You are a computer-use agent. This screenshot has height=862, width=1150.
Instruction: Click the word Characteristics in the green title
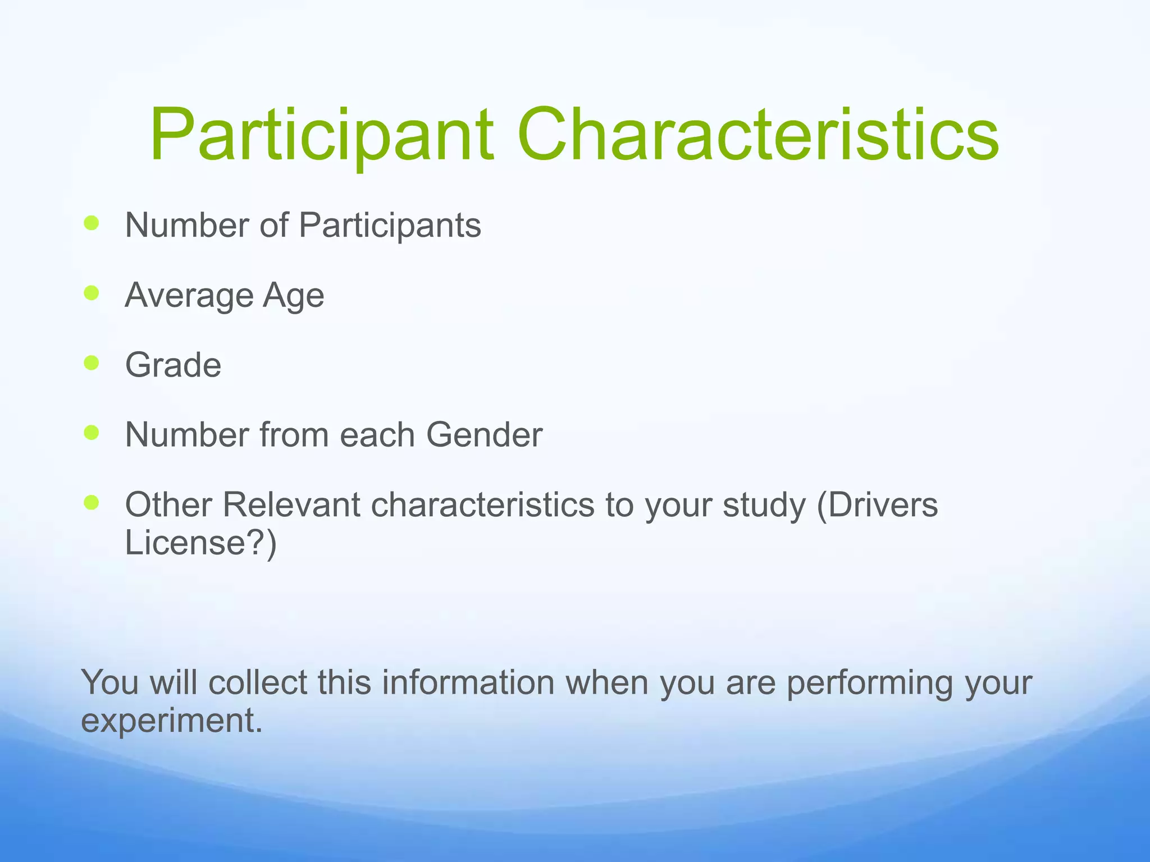[x=758, y=136]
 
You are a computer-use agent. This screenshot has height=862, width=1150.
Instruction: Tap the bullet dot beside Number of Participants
[x=91, y=223]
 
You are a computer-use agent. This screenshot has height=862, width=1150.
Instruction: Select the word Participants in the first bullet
[x=390, y=226]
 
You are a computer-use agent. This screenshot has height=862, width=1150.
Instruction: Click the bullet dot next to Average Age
[x=91, y=293]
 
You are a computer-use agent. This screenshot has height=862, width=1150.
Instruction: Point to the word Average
[x=188, y=295]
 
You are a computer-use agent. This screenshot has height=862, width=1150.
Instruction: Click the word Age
[x=293, y=296]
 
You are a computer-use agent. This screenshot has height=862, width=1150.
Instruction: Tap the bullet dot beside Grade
[x=91, y=363]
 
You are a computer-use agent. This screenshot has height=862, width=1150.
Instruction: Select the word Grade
[x=173, y=365]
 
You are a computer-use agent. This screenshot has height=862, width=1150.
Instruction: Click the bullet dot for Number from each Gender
[x=91, y=433]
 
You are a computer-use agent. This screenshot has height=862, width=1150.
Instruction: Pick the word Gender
[x=484, y=435]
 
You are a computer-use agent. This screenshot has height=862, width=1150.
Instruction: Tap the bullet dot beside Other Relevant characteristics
[x=91, y=502]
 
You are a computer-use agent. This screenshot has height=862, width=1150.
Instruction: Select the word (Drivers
[x=877, y=505]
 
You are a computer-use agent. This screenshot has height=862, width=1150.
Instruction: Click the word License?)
[x=200, y=543]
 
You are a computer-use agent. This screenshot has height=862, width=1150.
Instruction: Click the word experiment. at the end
[x=172, y=721]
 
